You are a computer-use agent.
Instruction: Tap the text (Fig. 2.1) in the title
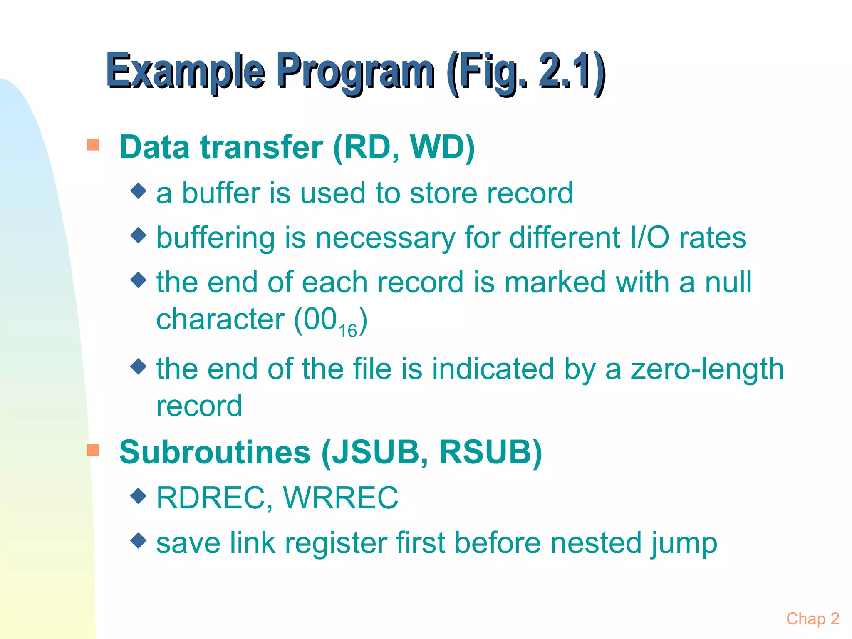(526, 72)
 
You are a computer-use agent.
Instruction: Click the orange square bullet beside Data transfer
(93, 145)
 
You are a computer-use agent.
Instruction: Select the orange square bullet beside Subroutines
(93, 450)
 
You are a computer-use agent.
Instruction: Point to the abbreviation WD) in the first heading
(442, 147)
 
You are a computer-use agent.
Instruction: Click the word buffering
(215, 238)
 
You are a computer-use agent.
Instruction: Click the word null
(728, 282)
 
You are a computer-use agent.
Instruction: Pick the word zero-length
(707, 369)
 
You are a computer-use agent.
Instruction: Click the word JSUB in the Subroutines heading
(379, 452)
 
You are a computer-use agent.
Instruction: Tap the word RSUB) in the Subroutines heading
(491, 452)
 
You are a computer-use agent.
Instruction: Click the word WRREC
(340, 498)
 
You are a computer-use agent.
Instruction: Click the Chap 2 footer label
(812, 619)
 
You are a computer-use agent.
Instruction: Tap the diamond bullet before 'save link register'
(139, 540)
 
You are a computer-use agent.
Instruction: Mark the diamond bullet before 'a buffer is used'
(139, 191)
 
